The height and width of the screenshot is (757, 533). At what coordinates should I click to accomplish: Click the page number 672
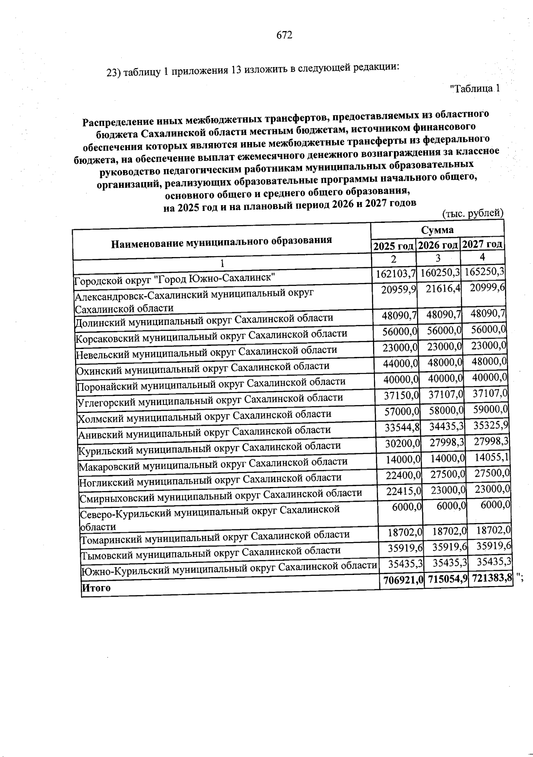[284, 35]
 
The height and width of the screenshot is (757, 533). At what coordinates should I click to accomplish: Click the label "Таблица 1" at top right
[475, 88]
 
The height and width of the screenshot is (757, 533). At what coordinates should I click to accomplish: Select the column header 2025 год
[393, 246]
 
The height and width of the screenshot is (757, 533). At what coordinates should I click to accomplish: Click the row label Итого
[96, 588]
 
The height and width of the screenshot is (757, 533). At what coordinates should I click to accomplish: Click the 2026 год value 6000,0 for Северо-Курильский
[451, 506]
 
